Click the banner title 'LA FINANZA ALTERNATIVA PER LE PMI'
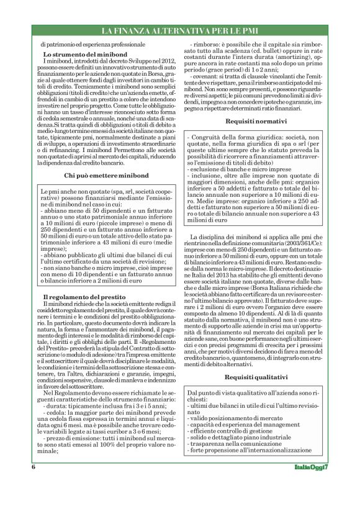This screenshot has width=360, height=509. (x=180, y=30)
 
